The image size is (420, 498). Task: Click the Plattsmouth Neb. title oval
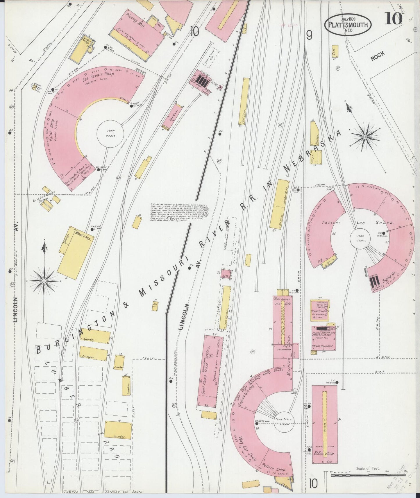[x=348, y=25]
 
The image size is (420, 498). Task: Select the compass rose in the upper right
[x=365, y=136]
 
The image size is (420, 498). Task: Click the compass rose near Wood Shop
[x=44, y=281]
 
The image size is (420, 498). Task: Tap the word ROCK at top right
[x=377, y=55]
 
